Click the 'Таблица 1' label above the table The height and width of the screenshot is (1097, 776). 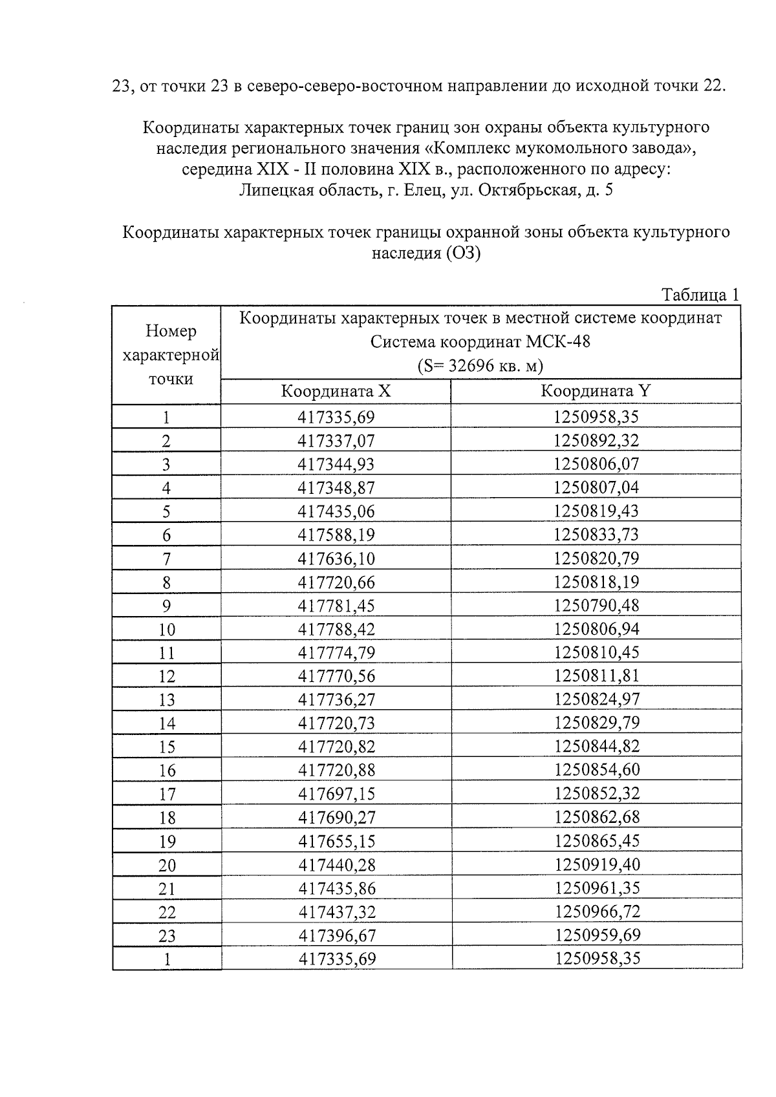[700, 295]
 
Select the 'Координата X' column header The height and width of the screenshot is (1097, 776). [336, 392]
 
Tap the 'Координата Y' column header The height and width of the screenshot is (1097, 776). [596, 392]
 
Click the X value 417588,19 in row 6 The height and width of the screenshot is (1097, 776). [336, 535]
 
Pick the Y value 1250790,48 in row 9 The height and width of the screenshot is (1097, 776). [596, 606]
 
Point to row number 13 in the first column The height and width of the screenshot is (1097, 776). [167, 700]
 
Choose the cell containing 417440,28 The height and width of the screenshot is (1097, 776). [336, 865]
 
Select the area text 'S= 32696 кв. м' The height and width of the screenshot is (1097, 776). [480, 366]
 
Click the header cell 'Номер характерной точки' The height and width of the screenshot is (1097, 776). [167, 355]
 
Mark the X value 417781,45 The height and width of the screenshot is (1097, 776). [336, 606]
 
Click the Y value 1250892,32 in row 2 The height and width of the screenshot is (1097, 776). [596, 441]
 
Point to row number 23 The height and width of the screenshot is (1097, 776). [167, 936]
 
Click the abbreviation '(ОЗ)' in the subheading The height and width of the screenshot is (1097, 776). [462, 253]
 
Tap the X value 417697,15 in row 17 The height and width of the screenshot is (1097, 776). [336, 794]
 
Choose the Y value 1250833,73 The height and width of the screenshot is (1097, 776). [596, 535]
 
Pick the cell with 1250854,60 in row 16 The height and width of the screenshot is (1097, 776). [596, 770]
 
